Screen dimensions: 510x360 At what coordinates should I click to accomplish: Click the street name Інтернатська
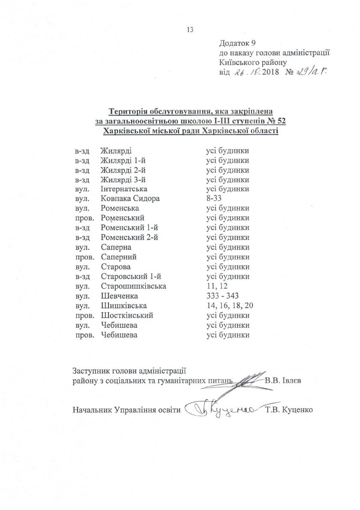tap(124, 189)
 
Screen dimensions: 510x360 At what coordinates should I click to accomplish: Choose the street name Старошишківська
tap(133, 286)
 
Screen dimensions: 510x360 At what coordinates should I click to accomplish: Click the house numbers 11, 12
tap(216, 286)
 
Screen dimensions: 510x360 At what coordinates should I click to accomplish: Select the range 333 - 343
tap(222, 296)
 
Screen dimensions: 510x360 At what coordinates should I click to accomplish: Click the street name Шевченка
tap(120, 296)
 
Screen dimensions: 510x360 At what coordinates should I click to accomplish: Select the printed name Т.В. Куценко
tap(290, 409)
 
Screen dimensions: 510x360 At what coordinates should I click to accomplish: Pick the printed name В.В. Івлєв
tap(284, 380)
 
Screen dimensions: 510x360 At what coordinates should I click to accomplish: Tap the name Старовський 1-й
tap(130, 276)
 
